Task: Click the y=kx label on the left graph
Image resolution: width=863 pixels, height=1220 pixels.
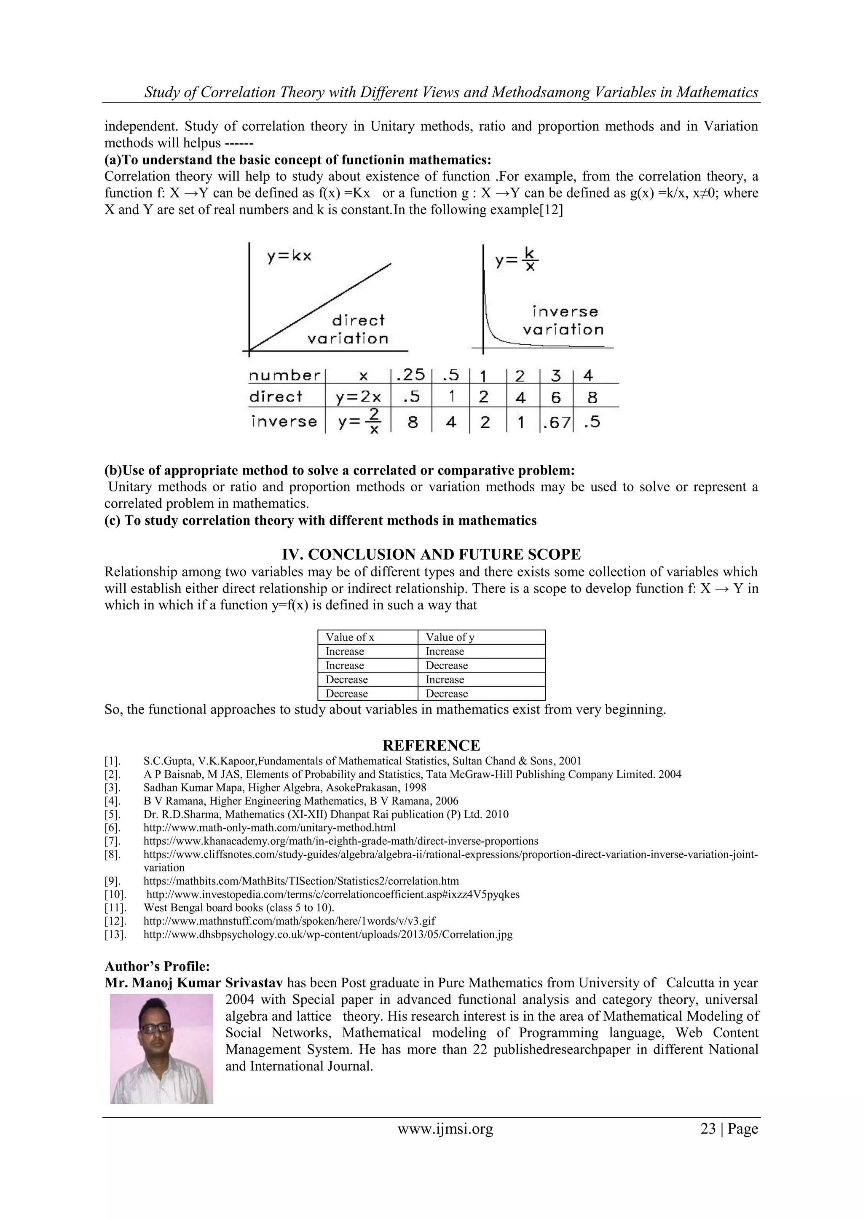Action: (x=289, y=256)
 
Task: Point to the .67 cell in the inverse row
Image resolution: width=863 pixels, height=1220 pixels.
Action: (x=556, y=422)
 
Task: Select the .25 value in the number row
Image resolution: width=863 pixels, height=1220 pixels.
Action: (x=410, y=375)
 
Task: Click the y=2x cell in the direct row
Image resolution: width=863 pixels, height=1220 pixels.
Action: (x=359, y=397)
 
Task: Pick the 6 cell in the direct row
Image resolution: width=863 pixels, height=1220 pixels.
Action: (x=556, y=397)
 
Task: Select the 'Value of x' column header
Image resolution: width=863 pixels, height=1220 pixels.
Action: (x=350, y=637)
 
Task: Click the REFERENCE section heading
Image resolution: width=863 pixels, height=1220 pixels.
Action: (x=431, y=745)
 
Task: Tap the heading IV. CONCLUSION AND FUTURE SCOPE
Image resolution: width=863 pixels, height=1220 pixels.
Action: (x=431, y=554)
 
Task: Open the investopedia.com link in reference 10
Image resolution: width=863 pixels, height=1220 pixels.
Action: (x=332, y=894)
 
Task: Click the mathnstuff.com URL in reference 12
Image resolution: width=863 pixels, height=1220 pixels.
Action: (x=289, y=921)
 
